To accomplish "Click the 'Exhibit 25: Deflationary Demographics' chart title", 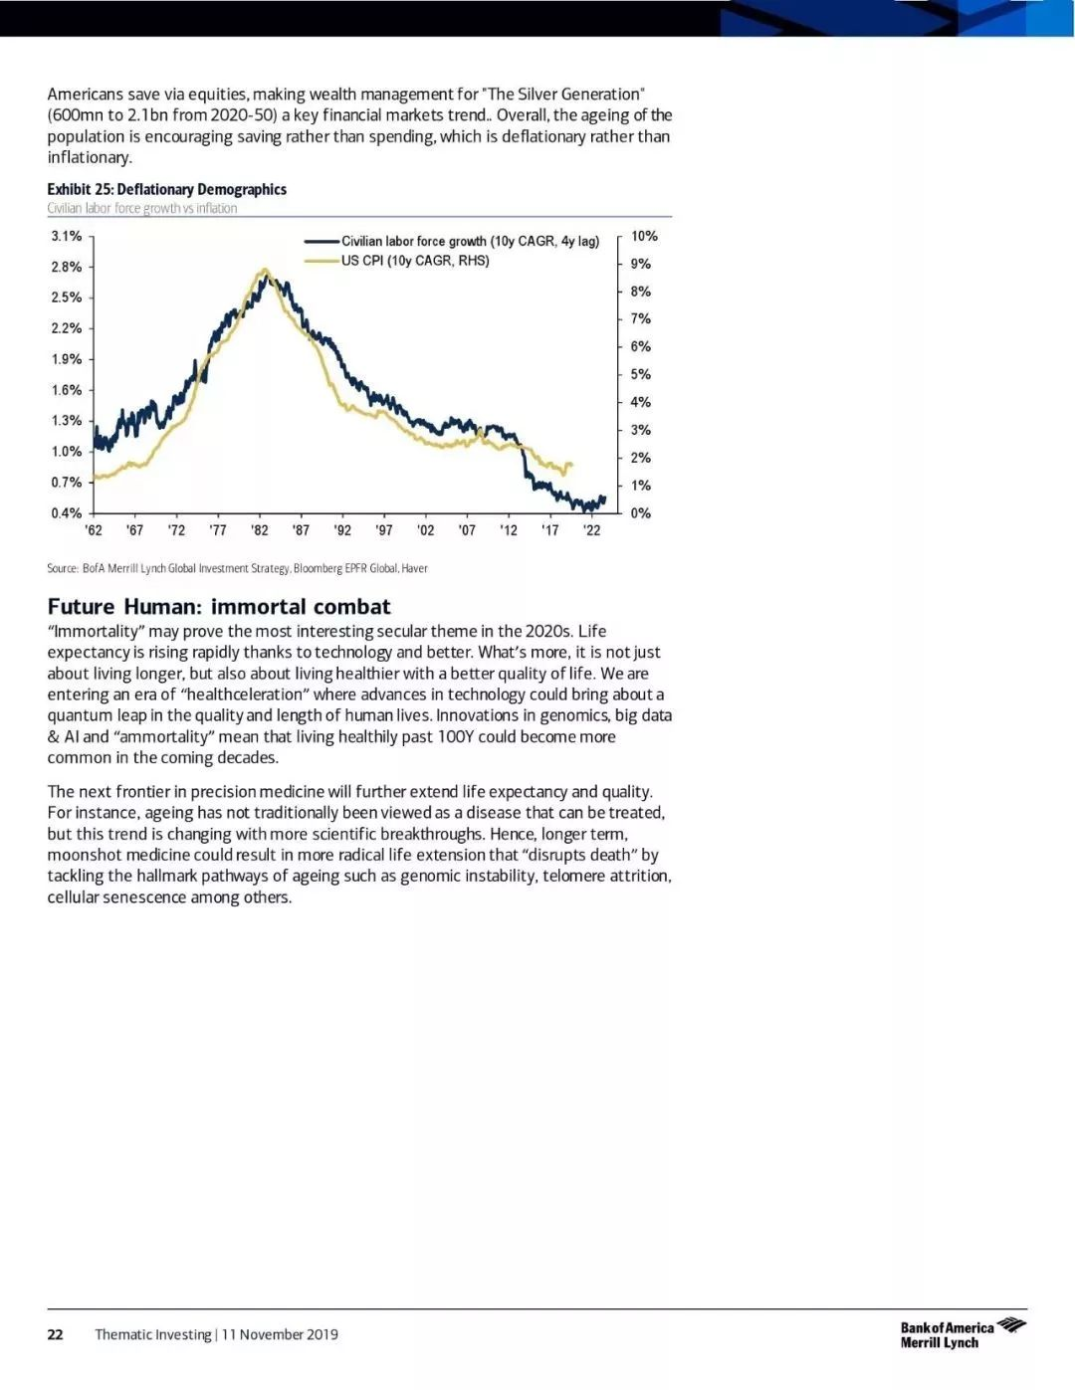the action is click(x=167, y=189).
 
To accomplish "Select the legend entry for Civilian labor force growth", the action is click(x=452, y=241).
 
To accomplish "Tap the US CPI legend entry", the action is click(x=397, y=261).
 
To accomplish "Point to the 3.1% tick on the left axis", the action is click(x=67, y=236).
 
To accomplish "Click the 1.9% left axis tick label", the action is click(x=67, y=359).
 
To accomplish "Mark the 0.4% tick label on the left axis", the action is click(x=67, y=513).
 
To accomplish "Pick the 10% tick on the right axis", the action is click(x=644, y=236).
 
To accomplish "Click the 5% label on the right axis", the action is click(x=641, y=374).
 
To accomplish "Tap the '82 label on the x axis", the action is click(x=260, y=530).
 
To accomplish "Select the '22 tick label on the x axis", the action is click(x=592, y=530).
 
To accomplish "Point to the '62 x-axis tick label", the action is click(x=94, y=530).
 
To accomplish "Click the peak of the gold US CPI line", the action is click(x=265, y=270).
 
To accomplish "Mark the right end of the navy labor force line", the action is click(x=605, y=498).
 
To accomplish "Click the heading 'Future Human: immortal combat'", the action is click(x=219, y=606).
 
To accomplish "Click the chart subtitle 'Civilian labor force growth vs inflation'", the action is click(x=142, y=209).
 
